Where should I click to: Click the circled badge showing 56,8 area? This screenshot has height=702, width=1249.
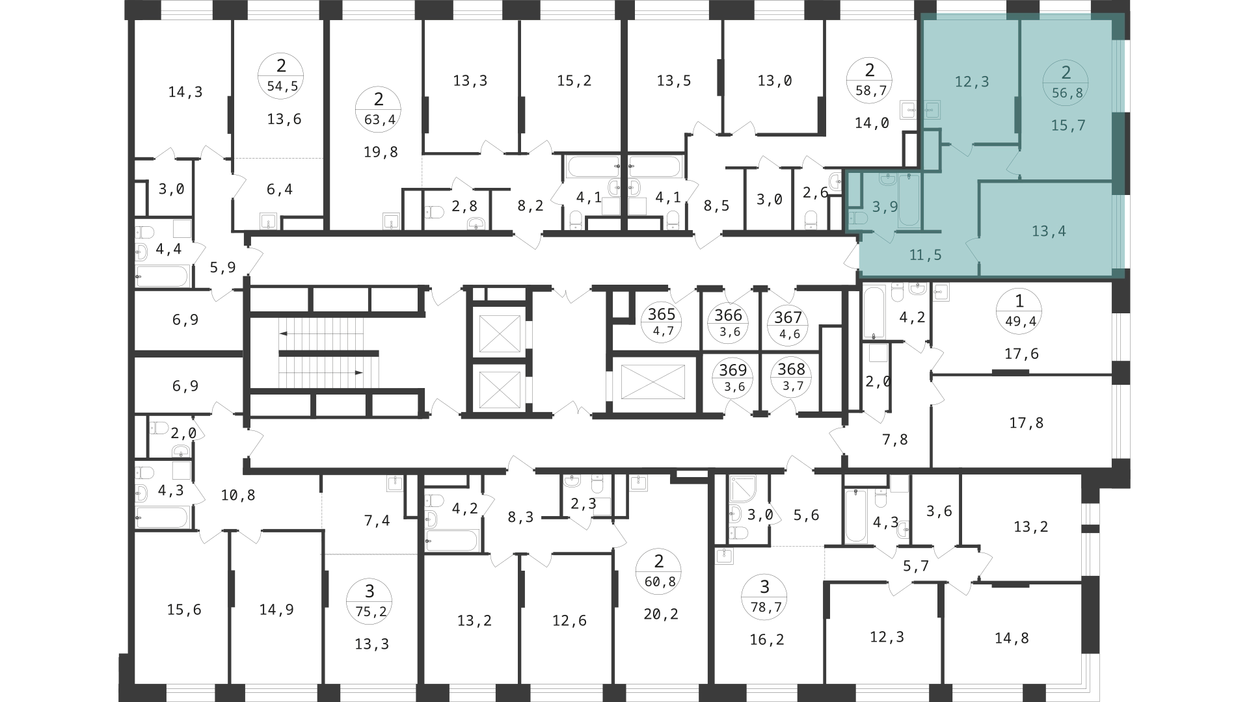[x=1067, y=82]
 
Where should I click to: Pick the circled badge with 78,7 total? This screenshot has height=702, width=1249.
[x=764, y=597]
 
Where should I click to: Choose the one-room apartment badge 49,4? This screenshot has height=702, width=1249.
[x=1019, y=311]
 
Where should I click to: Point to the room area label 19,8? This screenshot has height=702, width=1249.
[x=381, y=152]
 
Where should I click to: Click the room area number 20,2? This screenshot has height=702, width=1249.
[x=661, y=614]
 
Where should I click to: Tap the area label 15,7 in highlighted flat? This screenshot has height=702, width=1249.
[x=1068, y=125]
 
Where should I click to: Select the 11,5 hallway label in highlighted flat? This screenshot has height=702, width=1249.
[x=925, y=255]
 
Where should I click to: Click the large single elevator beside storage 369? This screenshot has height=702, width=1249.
[x=652, y=382]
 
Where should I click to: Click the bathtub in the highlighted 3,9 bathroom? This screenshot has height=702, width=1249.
[x=909, y=200]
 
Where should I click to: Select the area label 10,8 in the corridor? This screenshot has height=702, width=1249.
[x=238, y=495]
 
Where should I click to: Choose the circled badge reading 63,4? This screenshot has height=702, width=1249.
[x=379, y=109]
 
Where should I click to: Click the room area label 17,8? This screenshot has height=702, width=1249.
[x=1026, y=423]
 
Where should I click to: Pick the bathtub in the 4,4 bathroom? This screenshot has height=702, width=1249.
[x=162, y=276]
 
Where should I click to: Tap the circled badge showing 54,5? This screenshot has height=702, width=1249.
[x=281, y=75]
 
